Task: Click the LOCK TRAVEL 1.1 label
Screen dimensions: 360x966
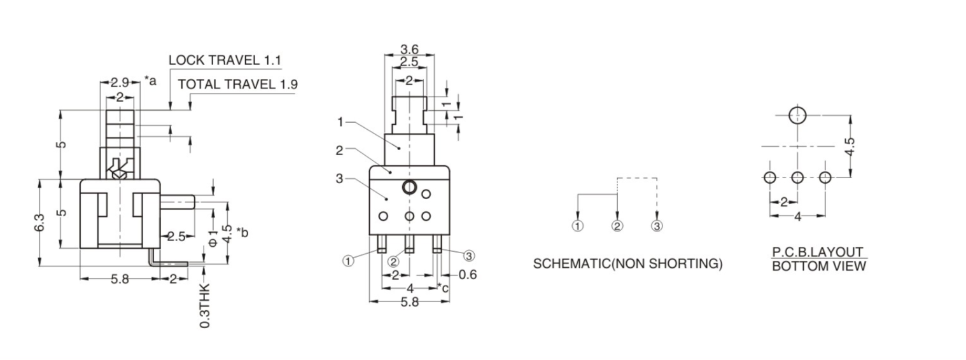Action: (225, 60)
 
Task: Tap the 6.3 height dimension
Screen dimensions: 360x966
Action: (40, 223)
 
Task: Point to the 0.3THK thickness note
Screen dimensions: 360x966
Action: (206, 307)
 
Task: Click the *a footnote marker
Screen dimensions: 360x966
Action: (150, 81)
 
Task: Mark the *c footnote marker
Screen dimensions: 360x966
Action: (444, 288)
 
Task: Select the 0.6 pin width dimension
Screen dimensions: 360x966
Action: (468, 275)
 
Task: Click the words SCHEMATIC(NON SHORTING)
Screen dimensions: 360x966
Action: (627, 264)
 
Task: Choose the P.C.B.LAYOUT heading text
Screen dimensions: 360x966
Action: (818, 252)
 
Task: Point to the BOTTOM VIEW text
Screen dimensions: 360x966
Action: (818, 267)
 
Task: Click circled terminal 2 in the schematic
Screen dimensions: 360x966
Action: (617, 226)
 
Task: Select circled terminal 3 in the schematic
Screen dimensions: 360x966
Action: (657, 226)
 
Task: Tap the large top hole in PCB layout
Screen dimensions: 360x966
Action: (797, 116)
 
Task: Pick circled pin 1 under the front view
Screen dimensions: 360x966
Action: (348, 261)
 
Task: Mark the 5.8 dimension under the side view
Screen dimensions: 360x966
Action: (120, 279)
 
